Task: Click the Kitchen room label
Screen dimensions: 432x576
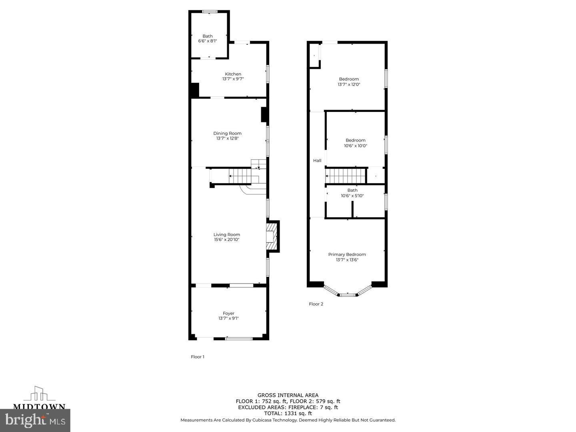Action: pyautogui.click(x=233, y=74)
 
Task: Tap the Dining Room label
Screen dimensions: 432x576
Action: pyautogui.click(x=227, y=133)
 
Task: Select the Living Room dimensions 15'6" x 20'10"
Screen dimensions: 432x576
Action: pyautogui.click(x=226, y=240)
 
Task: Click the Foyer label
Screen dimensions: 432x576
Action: pyautogui.click(x=228, y=313)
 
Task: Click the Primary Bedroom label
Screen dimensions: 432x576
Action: pyautogui.click(x=347, y=254)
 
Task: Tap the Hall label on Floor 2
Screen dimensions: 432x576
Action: pyautogui.click(x=317, y=160)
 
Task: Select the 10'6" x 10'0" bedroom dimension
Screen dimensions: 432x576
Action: pyautogui.click(x=355, y=146)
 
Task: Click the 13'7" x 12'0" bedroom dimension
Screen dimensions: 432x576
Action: pyautogui.click(x=349, y=85)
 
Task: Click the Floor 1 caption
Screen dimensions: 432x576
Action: pyautogui.click(x=198, y=357)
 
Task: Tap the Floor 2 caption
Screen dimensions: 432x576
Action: pyautogui.click(x=316, y=304)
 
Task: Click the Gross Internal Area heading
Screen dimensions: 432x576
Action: pyautogui.click(x=288, y=395)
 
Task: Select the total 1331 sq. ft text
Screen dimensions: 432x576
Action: pyautogui.click(x=288, y=414)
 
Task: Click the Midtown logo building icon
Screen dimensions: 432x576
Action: pyautogui.click(x=39, y=394)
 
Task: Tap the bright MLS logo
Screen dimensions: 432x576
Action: pyautogui.click(x=35, y=420)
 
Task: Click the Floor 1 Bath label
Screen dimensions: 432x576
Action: pyautogui.click(x=208, y=36)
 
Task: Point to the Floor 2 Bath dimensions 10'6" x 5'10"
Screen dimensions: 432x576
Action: pyautogui.click(x=352, y=196)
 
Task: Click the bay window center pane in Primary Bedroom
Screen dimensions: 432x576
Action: pyautogui.click(x=347, y=295)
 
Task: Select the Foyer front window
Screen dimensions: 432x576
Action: pyautogui.click(x=239, y=339)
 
